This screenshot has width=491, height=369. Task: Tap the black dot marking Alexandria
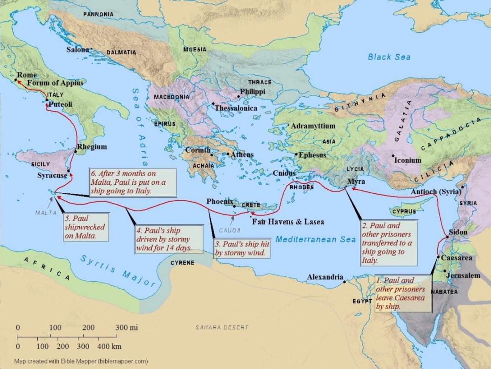click(x=345, y=282)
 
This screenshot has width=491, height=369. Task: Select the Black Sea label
click(x=389, y=57)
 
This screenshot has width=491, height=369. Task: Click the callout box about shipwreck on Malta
click(x=86, y=227)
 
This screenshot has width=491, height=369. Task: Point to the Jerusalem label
click(x=463, y=275)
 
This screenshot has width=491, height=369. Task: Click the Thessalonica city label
click(x=236, y=109)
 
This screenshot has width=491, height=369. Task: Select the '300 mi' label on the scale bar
click(x=125, y=327)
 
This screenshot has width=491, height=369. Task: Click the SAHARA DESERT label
click(x=222, y=327)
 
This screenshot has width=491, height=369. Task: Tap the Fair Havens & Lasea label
click(x=288, y=222)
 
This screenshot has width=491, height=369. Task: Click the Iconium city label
click(x=408, y=160)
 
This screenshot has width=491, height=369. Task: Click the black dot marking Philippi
click(x=238, y=96)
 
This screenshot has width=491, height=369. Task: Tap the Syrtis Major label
click(x=118, y=270)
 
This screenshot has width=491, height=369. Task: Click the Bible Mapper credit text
click(x=81, y=361)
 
